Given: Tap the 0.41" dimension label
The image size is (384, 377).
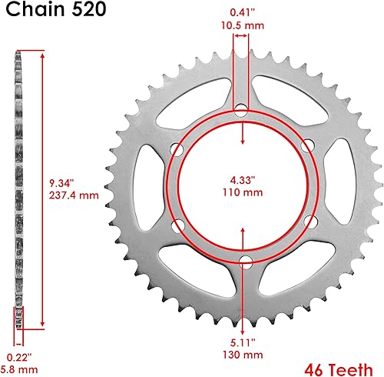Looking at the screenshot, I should point(243,12).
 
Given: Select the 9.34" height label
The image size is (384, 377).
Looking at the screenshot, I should point(59,183).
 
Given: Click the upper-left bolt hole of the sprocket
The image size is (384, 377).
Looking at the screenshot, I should point(178,148).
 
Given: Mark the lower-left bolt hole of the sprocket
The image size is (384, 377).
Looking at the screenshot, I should point(178,224).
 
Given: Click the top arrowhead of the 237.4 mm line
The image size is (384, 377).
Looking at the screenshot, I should point(42,53).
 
